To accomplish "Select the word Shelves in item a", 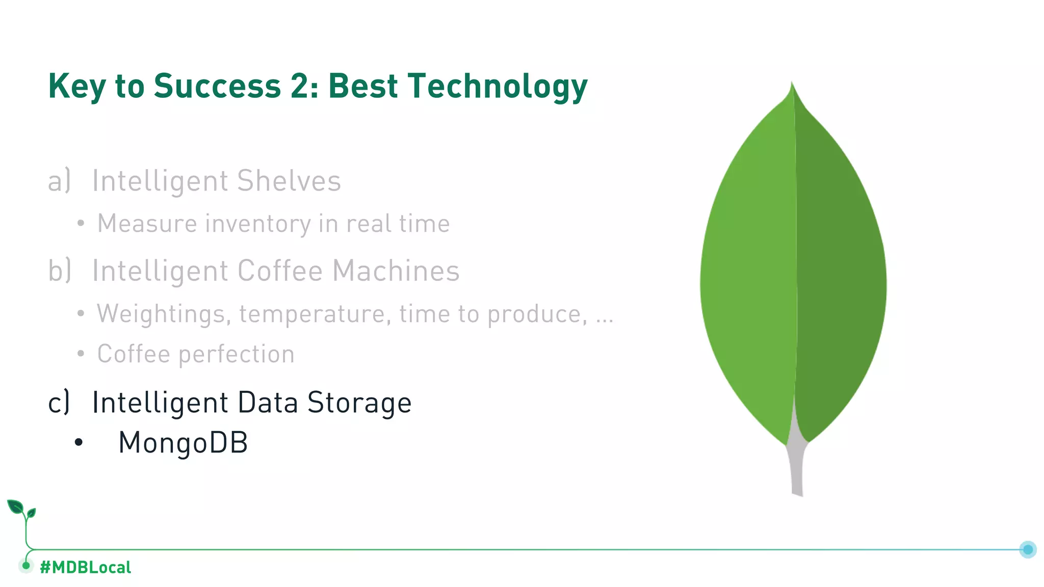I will (289, 181).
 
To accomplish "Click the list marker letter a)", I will (59, 181).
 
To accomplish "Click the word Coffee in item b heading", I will (280, 271).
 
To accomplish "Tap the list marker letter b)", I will (59, 271).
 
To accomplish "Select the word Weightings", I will (161, 314).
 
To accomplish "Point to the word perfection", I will (236, 354).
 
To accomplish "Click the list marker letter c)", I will (59, 403).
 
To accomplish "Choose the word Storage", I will (359, 403).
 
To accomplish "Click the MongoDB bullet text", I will (183, 442).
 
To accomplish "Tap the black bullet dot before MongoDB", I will (78, 443).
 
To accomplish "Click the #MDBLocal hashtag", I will (85, 567).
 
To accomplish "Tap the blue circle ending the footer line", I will (1028, 549).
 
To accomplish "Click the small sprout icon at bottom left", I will (21, 510).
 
